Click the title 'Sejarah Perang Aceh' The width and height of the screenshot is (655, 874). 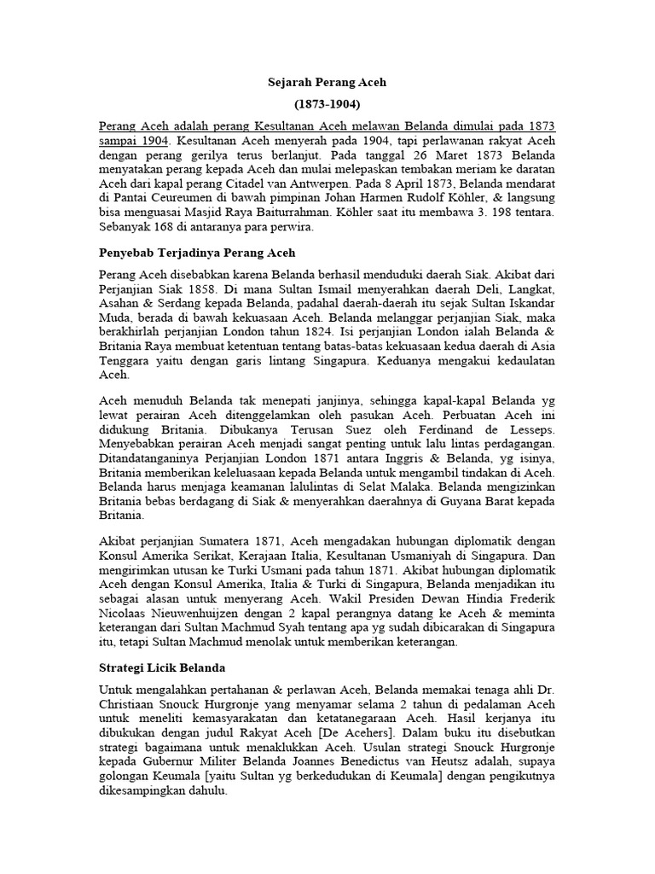pyautogui.click(x=327, y=83)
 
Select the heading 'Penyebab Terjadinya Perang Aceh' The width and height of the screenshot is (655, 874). pyautogui.click(x=197, y=253)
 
